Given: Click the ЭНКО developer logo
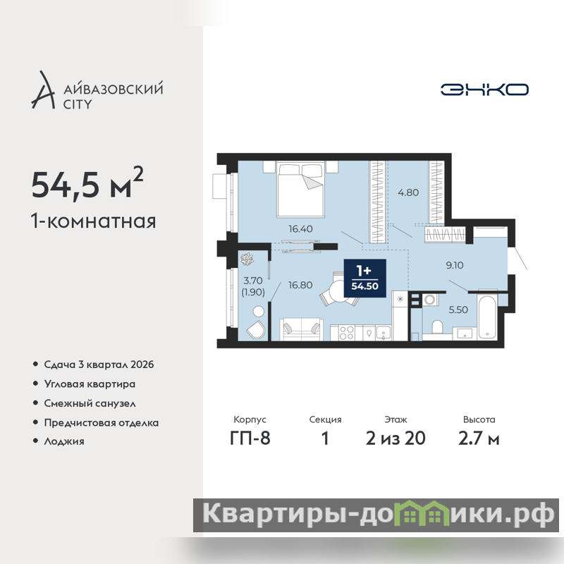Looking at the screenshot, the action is [484, 90].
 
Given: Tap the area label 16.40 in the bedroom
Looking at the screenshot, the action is [300, 228].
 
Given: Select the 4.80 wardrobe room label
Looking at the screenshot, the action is [408, 192].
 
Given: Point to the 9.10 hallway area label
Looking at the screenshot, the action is [455, 265].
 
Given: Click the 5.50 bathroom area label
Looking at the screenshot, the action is [458, 309].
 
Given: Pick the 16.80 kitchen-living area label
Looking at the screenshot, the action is [300, 285].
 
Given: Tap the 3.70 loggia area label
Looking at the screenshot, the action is [253, 280].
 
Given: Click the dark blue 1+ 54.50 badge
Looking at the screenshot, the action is [364, 278].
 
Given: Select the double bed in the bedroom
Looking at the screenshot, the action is [301, 189].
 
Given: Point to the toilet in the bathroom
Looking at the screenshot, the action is [437, 328].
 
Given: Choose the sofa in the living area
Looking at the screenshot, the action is [301, 329].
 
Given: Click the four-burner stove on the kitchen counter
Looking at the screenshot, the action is [346, 332].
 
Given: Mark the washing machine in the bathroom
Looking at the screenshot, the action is [429, 299].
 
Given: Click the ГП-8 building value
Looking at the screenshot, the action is [250, 439].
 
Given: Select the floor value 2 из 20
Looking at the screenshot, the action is [396, 439].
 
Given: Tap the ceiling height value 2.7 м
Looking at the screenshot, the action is [479, 439].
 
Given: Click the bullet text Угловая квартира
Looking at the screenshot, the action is [90, 384].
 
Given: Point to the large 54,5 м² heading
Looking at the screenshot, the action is [87, 183].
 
